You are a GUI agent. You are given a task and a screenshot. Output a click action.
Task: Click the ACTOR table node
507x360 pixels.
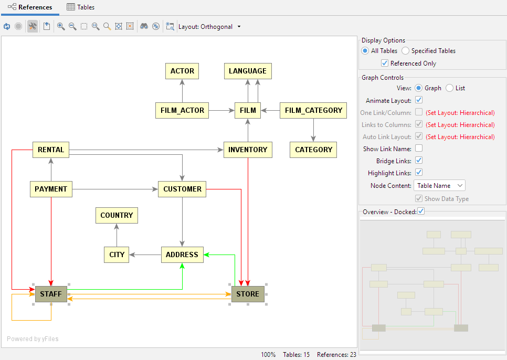tap(182, 71)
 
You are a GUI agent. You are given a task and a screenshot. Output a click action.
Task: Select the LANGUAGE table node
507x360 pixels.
tap(248, 71)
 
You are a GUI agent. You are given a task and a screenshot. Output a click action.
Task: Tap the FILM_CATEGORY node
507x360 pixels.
tap(313, 110)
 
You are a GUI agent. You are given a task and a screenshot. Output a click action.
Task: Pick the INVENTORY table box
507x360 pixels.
tap(248, 150)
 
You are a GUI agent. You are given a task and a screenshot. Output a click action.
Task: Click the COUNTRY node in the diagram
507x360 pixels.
tap(117, 215)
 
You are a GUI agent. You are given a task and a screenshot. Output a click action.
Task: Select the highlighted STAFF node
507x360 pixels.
tap(51, 294)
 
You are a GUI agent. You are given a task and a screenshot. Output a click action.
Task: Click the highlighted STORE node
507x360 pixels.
tap(248, 294)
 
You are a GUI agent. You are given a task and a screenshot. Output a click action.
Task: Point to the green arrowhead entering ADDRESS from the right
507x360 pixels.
tap(207, 255)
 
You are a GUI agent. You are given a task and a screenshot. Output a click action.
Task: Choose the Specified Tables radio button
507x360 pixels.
tap(406, 51)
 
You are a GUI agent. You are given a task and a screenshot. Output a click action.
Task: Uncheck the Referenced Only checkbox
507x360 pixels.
tap(385, 63)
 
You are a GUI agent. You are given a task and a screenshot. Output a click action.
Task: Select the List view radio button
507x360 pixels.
tap(449, 88)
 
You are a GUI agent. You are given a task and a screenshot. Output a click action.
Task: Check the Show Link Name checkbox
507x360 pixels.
tap(419, 149)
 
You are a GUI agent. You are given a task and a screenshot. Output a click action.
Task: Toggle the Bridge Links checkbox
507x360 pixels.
tap(419, 161)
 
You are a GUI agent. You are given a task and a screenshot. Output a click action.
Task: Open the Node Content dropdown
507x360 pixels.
tap(439, 185)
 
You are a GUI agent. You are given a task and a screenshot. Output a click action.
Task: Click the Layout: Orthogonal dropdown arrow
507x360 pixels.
tap(239, 27)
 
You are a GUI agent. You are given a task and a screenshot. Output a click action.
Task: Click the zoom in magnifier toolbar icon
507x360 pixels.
tap(61, 26)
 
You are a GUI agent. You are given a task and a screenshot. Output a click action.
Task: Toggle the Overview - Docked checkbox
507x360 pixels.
tap(421, 211)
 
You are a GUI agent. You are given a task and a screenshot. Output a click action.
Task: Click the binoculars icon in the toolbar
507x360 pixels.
tap(144, 26)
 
